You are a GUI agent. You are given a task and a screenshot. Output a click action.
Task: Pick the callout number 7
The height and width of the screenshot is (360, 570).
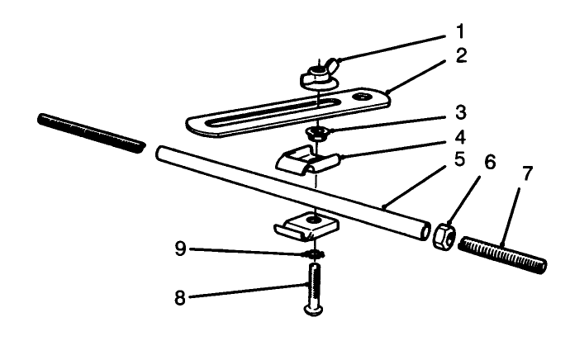pyautogui.click(x=527, y=175)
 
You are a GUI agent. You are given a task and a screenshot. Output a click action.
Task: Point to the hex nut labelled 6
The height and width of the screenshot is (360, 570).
pyautogui.click(x=442, y=234)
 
